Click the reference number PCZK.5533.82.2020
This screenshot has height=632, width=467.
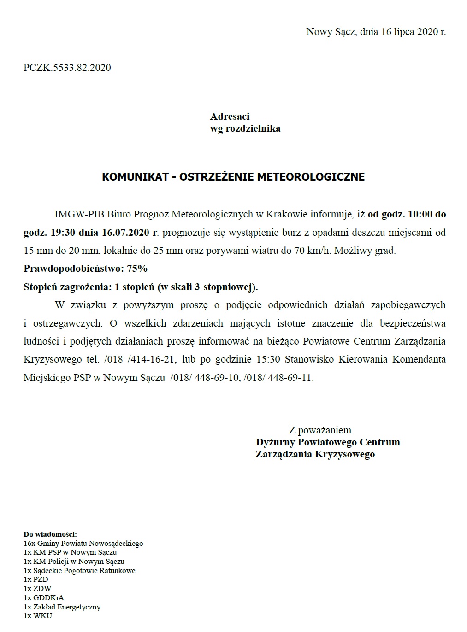pyautogui.click(x=67, y=68)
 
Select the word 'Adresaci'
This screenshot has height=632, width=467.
pyautogui.click(x=230, y=117)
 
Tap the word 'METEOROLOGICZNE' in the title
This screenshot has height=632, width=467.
pyautogui.click(x=311, y=177)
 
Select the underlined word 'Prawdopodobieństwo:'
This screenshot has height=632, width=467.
pyautogui.click(x=74, y=269)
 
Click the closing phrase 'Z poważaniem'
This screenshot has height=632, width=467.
pyautogui.click(x=320, y=430)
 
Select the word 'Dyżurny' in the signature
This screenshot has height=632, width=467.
pyautogui.click(x=276, y=442)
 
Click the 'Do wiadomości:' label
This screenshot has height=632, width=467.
pyautogui.click(x=50, y=534)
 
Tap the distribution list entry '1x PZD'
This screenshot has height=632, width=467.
pyautogui.click(x=36, y=579)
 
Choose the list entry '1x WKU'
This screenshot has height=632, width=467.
pyautogui.click(x=38, y=616)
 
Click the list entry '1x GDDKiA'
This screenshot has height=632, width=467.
pyautogui.click(x=44, y=598)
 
